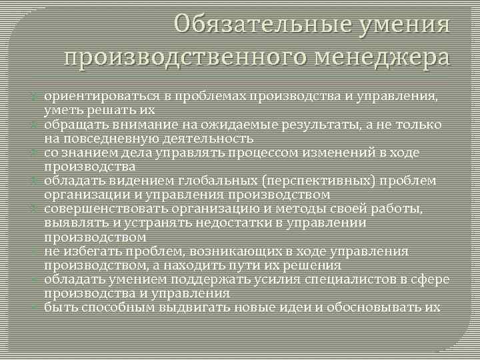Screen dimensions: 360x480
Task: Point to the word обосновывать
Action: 377,307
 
